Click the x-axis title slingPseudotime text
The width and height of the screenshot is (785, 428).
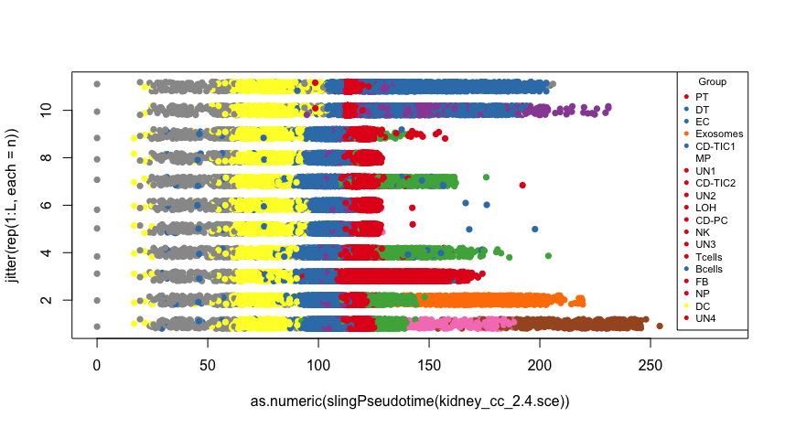(411, 401)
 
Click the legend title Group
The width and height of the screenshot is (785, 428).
(712, 82)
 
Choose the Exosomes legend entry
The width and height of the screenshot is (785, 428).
(719, 134)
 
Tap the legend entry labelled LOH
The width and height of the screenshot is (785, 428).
(705, 208)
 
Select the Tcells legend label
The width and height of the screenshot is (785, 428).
(709, 256)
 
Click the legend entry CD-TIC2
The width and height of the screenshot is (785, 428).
(715, 183)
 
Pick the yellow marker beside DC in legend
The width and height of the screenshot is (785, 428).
(685, 305)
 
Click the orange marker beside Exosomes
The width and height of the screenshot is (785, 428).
(685, 134)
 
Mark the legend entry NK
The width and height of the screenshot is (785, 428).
(703, 232)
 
